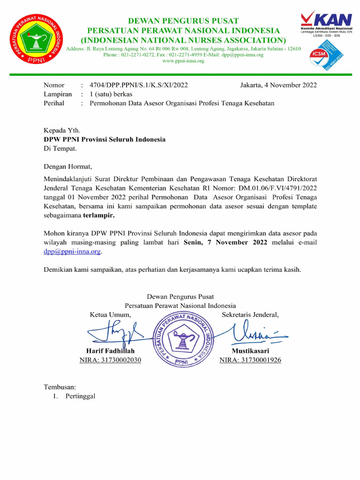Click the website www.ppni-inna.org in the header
pyautogui.click(x=183, y=61)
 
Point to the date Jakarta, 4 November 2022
pyautogui.click(x=278, y=85)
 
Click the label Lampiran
pyautogui.click(x=58, y=94)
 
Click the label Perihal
pyautogui.click(x=54, y=103)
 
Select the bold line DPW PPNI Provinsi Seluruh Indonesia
pyautogui.click(x=105, y=140)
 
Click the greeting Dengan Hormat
pyautogui.click(x=68, y=166)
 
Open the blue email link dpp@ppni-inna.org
pyautogui.click(x=72, y=252)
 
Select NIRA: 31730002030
pyautogui.click(x=110, y=360)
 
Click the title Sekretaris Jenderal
pyautogui.click(x=250, y=315)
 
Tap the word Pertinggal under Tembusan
pyautogui.click(x=80, y=396)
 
